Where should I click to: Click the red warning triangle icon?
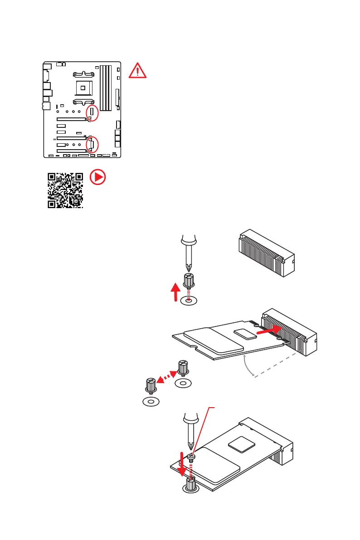(x=137, y=71)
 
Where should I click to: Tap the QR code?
(x=66, y=190)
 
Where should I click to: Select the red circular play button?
(x=97, y=177)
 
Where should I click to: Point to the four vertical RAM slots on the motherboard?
(x=105, y=88)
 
